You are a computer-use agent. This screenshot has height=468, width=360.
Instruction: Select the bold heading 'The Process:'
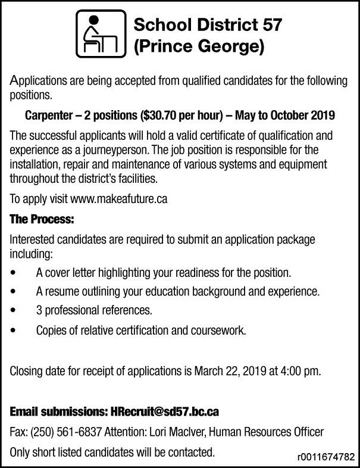click(x=42, y=220)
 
